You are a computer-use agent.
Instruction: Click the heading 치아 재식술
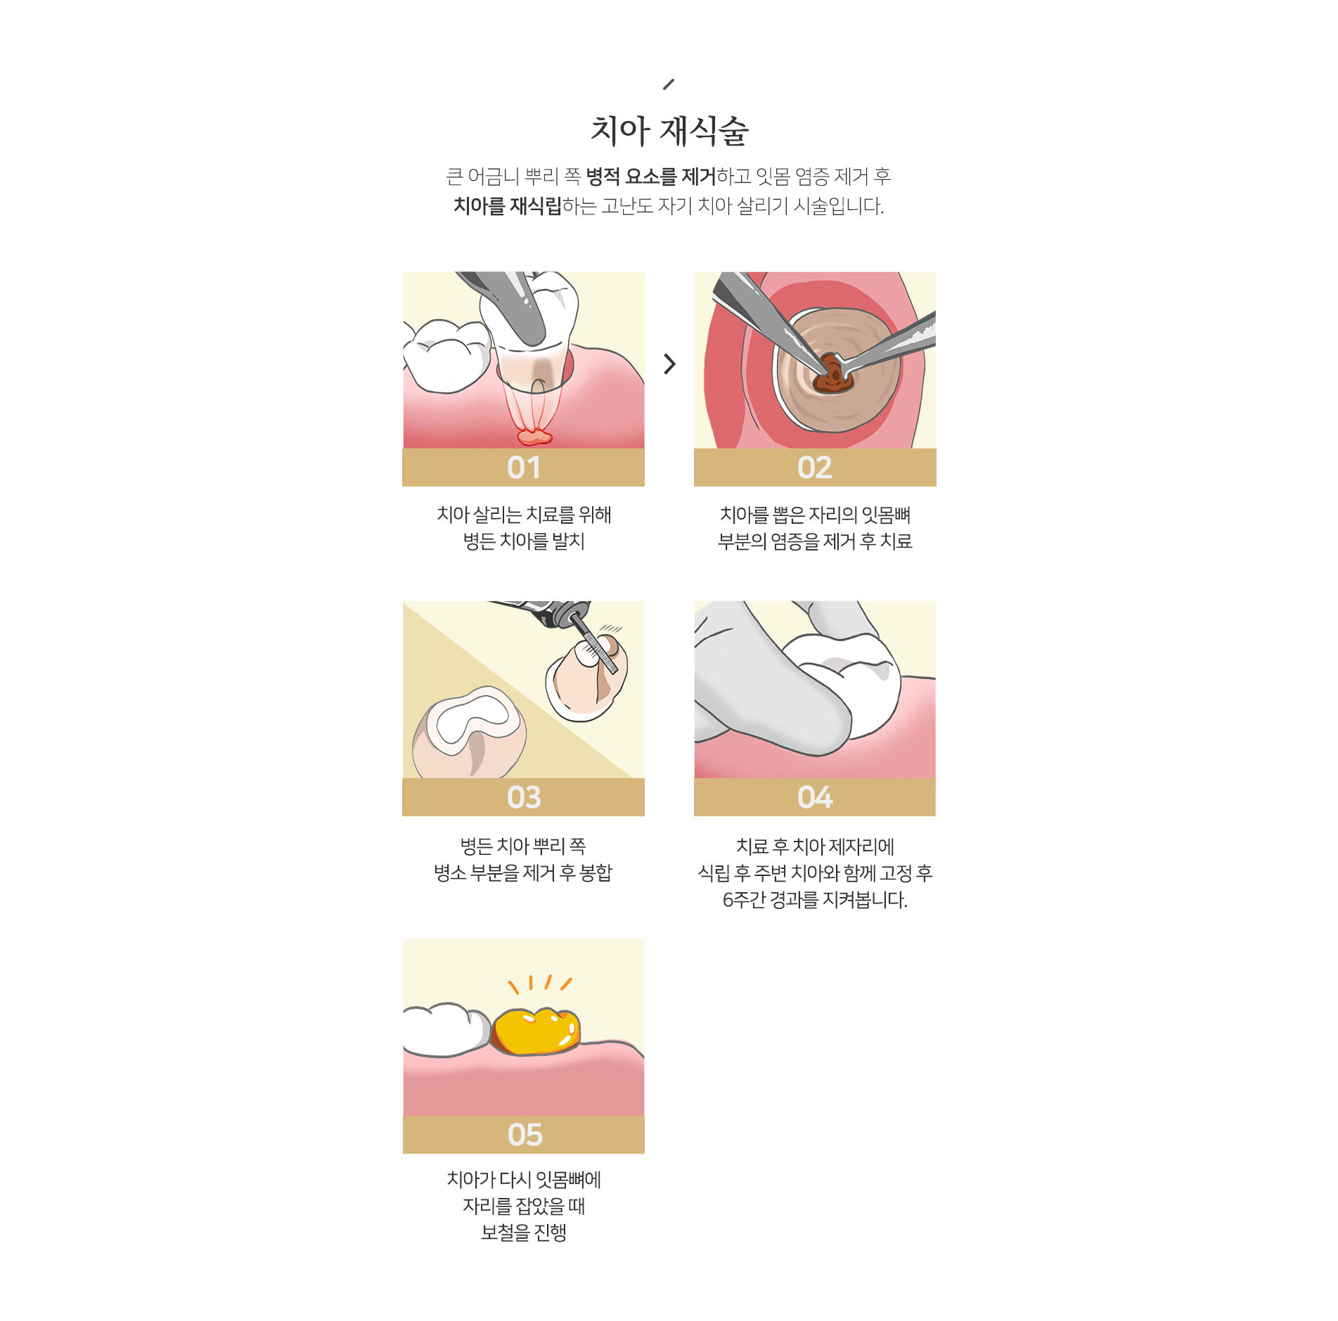669,131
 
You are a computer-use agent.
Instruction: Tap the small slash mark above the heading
669,84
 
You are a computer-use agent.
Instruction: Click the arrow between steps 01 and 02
669,363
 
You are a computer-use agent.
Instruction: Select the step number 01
524,468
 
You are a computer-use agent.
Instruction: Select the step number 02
815,468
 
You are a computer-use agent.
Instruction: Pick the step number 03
524,797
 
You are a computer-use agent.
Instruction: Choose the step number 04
815,797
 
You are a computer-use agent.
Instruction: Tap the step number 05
525,1135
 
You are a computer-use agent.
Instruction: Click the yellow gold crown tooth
536,1031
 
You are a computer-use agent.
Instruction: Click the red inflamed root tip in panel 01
535,437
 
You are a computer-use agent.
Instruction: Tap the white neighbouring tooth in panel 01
446,355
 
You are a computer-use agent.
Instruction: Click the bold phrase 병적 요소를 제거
651,176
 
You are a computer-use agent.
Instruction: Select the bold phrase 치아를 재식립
508,206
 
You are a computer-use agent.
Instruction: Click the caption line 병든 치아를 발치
524,541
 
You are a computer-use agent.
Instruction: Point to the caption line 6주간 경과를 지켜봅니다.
815,900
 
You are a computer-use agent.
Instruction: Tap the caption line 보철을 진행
524,1232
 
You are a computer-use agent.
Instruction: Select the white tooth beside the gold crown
446,1030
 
